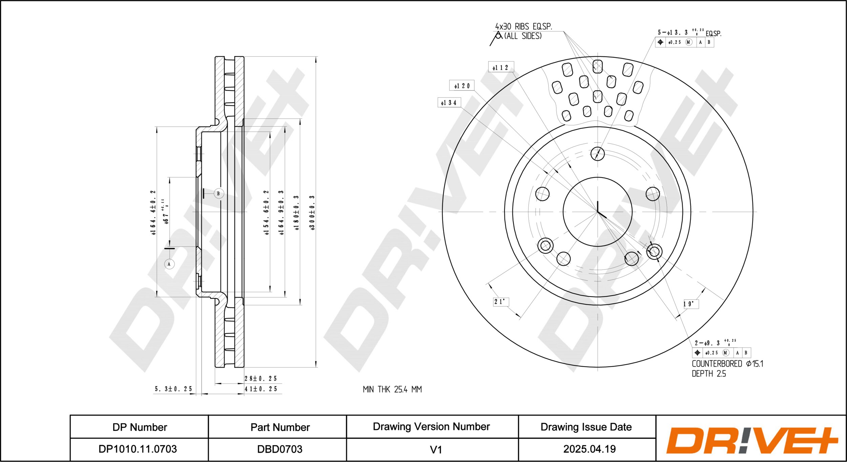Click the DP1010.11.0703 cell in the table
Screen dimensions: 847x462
pos(138,449)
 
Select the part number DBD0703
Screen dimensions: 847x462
pos(280,449)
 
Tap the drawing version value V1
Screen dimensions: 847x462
pos(436,449)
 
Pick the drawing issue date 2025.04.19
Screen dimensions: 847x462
pos(590,449)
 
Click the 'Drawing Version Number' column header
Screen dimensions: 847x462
pos(431,426)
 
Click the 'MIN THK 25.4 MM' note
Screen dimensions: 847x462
pos(392,389)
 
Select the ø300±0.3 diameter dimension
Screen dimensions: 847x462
pos(312,213)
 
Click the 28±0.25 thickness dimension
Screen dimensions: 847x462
pos(261,379)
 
